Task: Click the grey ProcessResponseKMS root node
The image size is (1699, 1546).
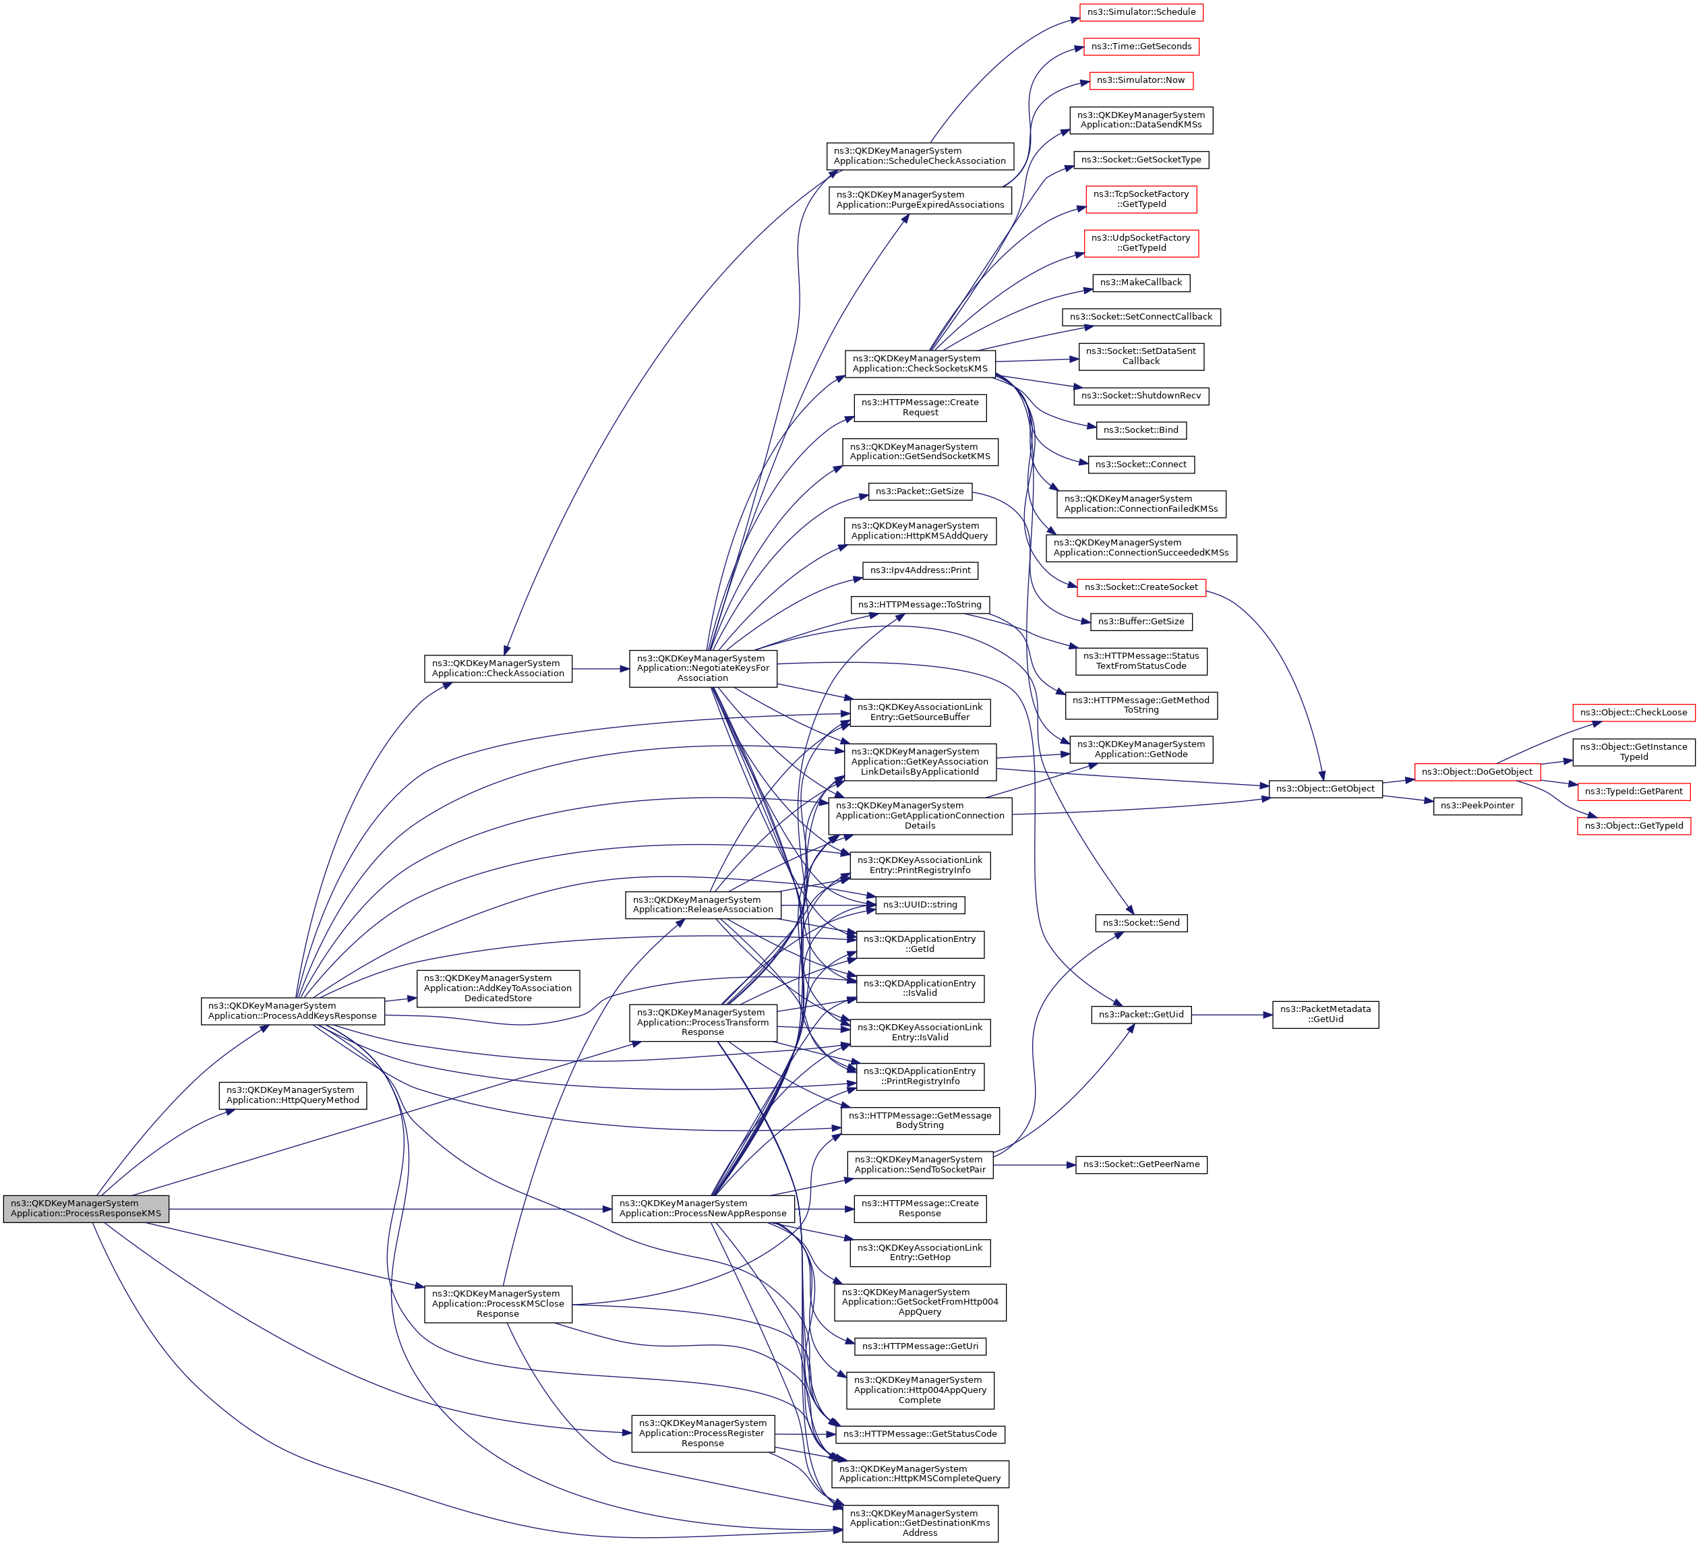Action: tap(86, 1209)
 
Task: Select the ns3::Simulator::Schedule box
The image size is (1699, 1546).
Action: tap(1141, 12)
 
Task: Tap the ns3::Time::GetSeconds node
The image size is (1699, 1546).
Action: tap(1141, 47)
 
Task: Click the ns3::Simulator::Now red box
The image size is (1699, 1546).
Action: tap(1141, 80)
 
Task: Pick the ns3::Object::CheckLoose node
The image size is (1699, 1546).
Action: tap(1633, 712)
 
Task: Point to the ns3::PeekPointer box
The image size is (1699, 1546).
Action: tap(1477, 805)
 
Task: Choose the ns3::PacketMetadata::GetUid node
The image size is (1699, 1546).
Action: tap(1325, 1014)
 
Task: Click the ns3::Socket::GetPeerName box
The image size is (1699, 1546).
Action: tap(1141, 1164)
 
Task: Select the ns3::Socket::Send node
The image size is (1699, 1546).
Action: tap(1141, 923)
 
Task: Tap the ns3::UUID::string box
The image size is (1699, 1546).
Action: tap(920, 905)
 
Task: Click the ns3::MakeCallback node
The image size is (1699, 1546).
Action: tap(1141, 283)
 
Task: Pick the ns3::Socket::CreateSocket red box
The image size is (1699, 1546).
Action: tap(1141, 587)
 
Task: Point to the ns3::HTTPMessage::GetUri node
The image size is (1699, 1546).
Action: tap(920, 1346)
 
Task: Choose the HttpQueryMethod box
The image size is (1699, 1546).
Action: tap(293, 1095)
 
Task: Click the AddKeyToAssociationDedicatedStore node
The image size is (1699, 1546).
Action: tap(498, 988)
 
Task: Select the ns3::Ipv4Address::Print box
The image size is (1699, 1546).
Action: tap(920, 570)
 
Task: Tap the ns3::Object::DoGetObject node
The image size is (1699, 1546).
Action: tap(1477, 771)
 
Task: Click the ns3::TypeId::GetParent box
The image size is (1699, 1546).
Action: tap(1633, 792)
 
